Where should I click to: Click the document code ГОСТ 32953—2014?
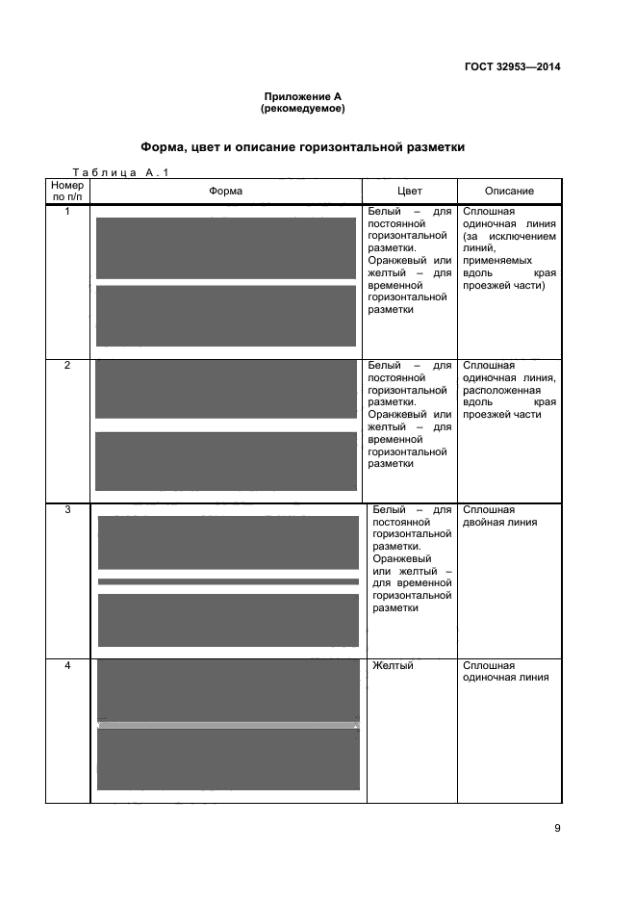(512, 66)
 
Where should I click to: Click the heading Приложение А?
(303, 96)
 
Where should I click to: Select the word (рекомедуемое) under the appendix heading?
(303, 109)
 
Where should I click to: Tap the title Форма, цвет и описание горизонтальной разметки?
(303, 147)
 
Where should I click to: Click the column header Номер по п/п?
(67, 191)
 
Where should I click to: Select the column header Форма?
(225, 191)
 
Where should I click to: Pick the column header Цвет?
(409, 191)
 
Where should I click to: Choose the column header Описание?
(509, 191)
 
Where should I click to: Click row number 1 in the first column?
(67, 211)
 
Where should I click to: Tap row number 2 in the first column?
(67, 366)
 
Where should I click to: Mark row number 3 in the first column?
(67, 510)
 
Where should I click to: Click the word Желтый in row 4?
(393, 666)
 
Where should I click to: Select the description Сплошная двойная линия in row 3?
(499, 516)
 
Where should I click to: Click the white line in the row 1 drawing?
(226, 282)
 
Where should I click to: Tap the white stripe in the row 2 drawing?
(226, 425)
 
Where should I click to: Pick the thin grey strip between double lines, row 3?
(228, 581)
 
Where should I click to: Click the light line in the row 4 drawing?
(228, 725)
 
